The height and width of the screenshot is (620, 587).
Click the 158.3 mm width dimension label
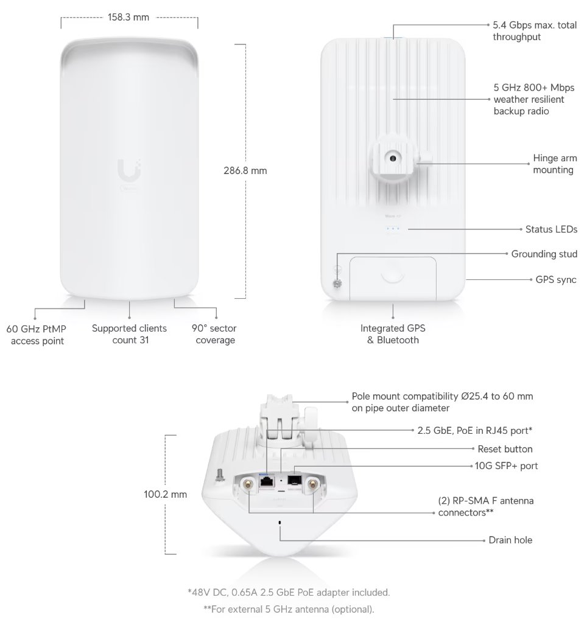pyautogui.click(x=128, y=18)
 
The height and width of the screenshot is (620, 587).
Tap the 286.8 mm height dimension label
pyautogui.click(x=245, y=171)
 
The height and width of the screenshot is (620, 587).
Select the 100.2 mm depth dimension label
pyautogui.click(x=165, y=494)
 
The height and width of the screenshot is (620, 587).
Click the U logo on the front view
pyautogui.click(x=129, y=170)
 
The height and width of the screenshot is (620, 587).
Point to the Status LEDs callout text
pyautogui.click(x=551, y=229)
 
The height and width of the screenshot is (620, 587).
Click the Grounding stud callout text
pyautogui.click(x=544, y=254)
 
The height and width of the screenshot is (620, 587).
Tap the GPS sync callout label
pyautogui.click(x=556, y=279)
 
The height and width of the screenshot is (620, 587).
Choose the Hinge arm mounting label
pyautogui.click(x=555, y=164)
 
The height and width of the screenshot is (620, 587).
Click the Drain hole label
pyautogui.click(x=510, y=540)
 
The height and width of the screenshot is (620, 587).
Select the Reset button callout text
pyautogui.click(x=505, y=449)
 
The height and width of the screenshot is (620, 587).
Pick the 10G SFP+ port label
pyautogui.click(x=506, y=466)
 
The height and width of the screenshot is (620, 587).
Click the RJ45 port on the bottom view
pyautogui.click(x=266, y=482)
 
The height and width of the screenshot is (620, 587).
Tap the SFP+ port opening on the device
pyautogui.click(x=294, y=480)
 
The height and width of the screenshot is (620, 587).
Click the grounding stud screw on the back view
pyautogui.click(x=337, y=284)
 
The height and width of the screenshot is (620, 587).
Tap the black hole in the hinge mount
pyautogui.click(x=393, y=158)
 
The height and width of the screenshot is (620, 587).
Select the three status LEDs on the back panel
pyautogui.click(x=393, y=229)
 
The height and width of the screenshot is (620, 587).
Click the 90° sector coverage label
pyautogui.click(x=214, y=334)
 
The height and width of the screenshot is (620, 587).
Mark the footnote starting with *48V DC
pyautogui.click(x=289, y=593)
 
